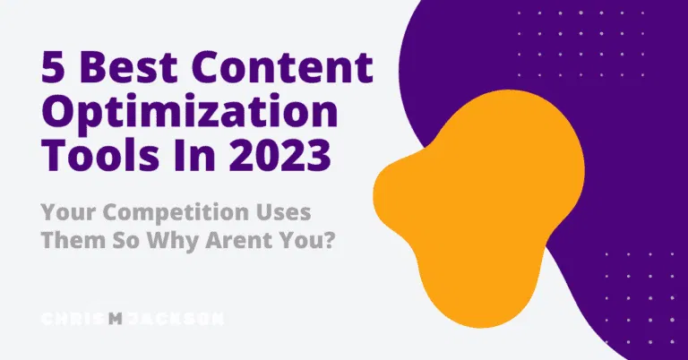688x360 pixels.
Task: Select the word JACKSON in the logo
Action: (x=174, y=318)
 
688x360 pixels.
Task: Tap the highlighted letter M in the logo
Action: (x=115, y=318)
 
